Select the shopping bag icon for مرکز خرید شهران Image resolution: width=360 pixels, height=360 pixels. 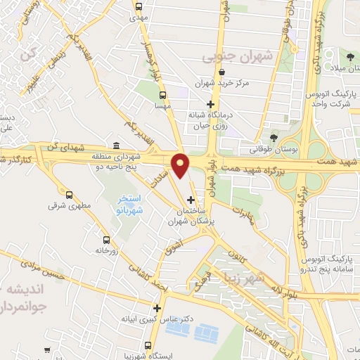pyautogui.click(x=222, y=71)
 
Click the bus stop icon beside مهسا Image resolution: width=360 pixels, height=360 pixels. pyautogui.click(x=163, y=95)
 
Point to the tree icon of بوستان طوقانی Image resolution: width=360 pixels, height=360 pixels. pyautogui.click(x=273, y=139)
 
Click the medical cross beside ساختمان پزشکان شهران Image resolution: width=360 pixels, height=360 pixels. pyautogui.click(x=191, y=200)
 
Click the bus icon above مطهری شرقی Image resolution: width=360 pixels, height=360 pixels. pyautogui.click(x=69, y=195)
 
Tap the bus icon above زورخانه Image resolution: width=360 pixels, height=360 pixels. pyautogui.click(x=106, y=239)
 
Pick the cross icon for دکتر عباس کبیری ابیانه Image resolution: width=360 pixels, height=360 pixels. pyautogui.click(x=157, y=308)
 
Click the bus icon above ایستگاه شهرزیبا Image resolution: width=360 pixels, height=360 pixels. pyautogui.click(x=148, y=345)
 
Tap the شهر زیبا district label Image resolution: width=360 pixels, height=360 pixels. pyautogui.click(x=259, y=278)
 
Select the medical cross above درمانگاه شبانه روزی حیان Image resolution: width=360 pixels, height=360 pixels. pyautogui.click(x=209, y=104)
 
